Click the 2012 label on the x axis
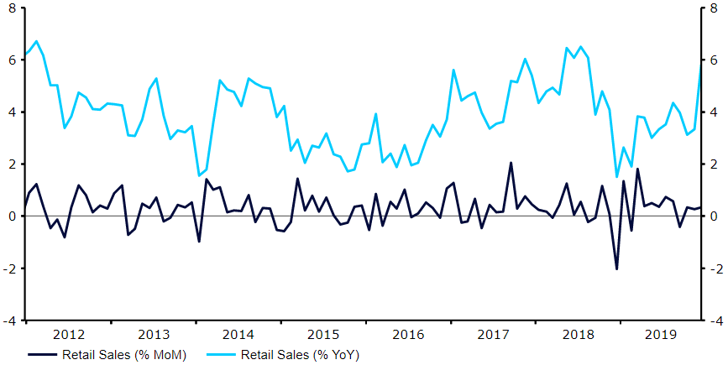(68, 334)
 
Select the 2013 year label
(153, 334)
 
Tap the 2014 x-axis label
(238, 334)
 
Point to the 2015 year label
(322, 334)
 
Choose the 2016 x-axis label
(408, 334)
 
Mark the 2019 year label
(663, 334)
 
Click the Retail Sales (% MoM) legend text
(124, 355)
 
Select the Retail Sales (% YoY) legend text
(300, 355)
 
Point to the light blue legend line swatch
(220, 355)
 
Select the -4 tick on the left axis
(9, 321)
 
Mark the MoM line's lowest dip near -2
(616, 269)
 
